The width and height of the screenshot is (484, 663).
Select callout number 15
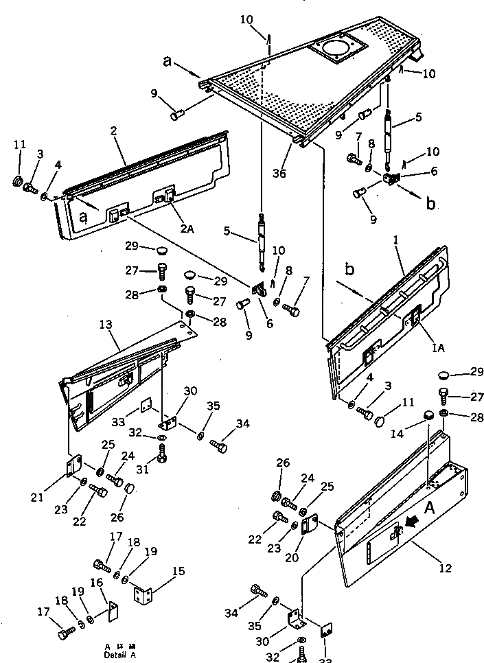click(x=178, y=571)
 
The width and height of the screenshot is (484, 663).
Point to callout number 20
click(x=292, y=558)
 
